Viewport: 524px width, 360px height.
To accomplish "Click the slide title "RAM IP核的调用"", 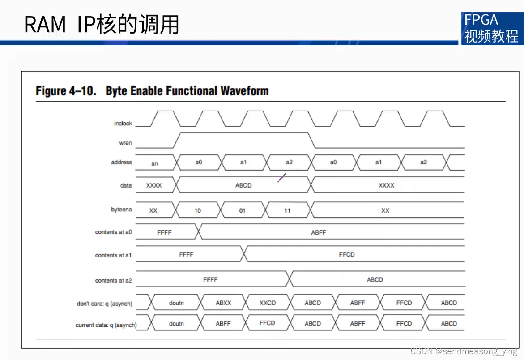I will coord(102,25).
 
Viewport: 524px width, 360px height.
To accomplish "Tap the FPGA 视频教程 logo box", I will coord(491,28).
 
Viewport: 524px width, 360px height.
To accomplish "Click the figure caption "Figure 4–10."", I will coord(66,91).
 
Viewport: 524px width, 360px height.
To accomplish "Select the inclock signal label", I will coord(123,124).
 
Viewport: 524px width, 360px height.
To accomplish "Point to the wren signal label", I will coord(125,143).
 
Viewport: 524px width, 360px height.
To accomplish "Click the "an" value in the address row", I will coord(154,163).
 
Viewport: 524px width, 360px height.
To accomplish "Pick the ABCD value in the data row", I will coord(243,185).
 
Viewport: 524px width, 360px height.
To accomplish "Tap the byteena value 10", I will coord(198,210).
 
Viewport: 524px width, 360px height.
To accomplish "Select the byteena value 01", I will coord(242,210).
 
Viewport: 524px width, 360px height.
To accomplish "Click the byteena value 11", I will coord(287,210).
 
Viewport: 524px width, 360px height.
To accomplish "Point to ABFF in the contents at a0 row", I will coord(319,233).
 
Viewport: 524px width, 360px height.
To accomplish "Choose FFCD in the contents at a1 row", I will coord(347,255).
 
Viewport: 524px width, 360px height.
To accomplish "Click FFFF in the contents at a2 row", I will coord(210,280).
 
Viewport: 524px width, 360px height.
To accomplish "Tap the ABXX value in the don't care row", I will coord(223,303).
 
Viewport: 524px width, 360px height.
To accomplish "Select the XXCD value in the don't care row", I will coord(268,303).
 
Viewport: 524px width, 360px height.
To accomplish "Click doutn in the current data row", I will coord(176,324).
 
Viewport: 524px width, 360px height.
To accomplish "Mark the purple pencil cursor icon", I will coord(281,178).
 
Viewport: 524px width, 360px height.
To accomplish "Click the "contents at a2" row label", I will coord(113,281).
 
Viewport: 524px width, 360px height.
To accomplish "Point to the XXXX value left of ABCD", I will coord(154,185).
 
